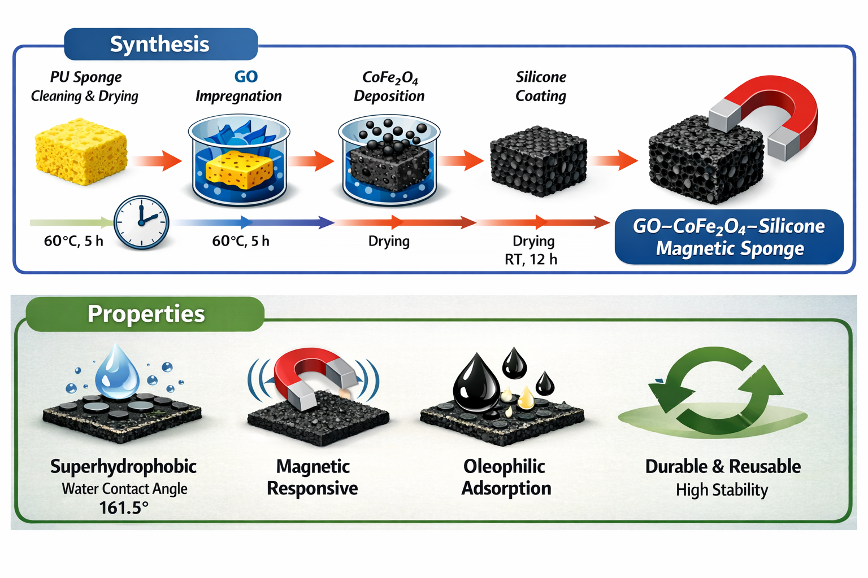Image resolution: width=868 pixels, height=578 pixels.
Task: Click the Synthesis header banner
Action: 160,44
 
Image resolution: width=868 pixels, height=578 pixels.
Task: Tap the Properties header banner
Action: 145,314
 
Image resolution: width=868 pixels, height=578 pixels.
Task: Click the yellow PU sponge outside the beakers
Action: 81,151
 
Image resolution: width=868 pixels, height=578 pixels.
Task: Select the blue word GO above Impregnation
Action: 246,77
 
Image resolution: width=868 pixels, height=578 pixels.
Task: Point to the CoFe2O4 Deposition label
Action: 389,86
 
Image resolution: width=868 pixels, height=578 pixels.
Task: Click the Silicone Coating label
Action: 541,86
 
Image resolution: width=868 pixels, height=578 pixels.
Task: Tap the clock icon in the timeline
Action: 141,223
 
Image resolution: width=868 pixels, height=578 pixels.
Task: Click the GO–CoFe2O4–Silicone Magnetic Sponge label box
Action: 729,237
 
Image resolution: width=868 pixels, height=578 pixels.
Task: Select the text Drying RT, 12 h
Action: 532,250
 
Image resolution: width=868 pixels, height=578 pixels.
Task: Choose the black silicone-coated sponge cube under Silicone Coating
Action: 539,160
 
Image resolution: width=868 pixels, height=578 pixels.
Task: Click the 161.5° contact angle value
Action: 124,508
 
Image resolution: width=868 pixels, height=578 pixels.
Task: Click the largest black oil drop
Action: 476,384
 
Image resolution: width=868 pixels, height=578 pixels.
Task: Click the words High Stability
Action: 722,490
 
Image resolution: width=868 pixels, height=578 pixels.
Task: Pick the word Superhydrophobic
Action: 123,466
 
